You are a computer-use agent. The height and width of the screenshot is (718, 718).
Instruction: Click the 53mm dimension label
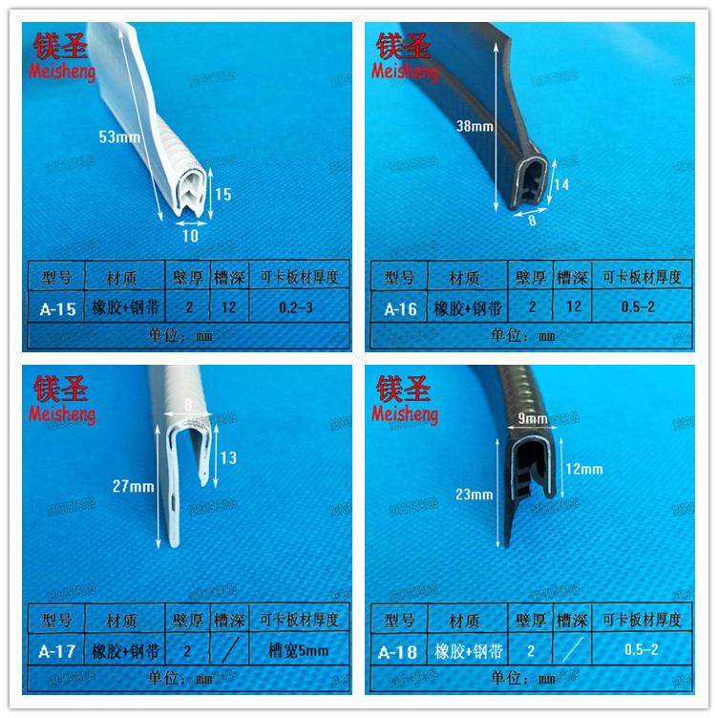point(120,137)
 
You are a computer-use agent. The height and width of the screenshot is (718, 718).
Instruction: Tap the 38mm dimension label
point(475,126)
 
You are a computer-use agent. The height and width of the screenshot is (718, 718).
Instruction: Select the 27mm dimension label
point(133,486)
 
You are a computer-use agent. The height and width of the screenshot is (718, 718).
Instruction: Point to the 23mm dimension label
point(475,494)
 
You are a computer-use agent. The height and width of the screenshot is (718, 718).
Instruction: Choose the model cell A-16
point(399,308)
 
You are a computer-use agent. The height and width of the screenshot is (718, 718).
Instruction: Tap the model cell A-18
point(399,652)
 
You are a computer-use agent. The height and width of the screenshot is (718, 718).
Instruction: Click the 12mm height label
point(584,469)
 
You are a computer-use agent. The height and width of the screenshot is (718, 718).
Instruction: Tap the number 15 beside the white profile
point(222,195)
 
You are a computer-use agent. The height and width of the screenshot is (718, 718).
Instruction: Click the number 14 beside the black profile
point(560,185)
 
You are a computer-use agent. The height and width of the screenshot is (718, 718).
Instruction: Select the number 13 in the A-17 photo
point(228,457)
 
